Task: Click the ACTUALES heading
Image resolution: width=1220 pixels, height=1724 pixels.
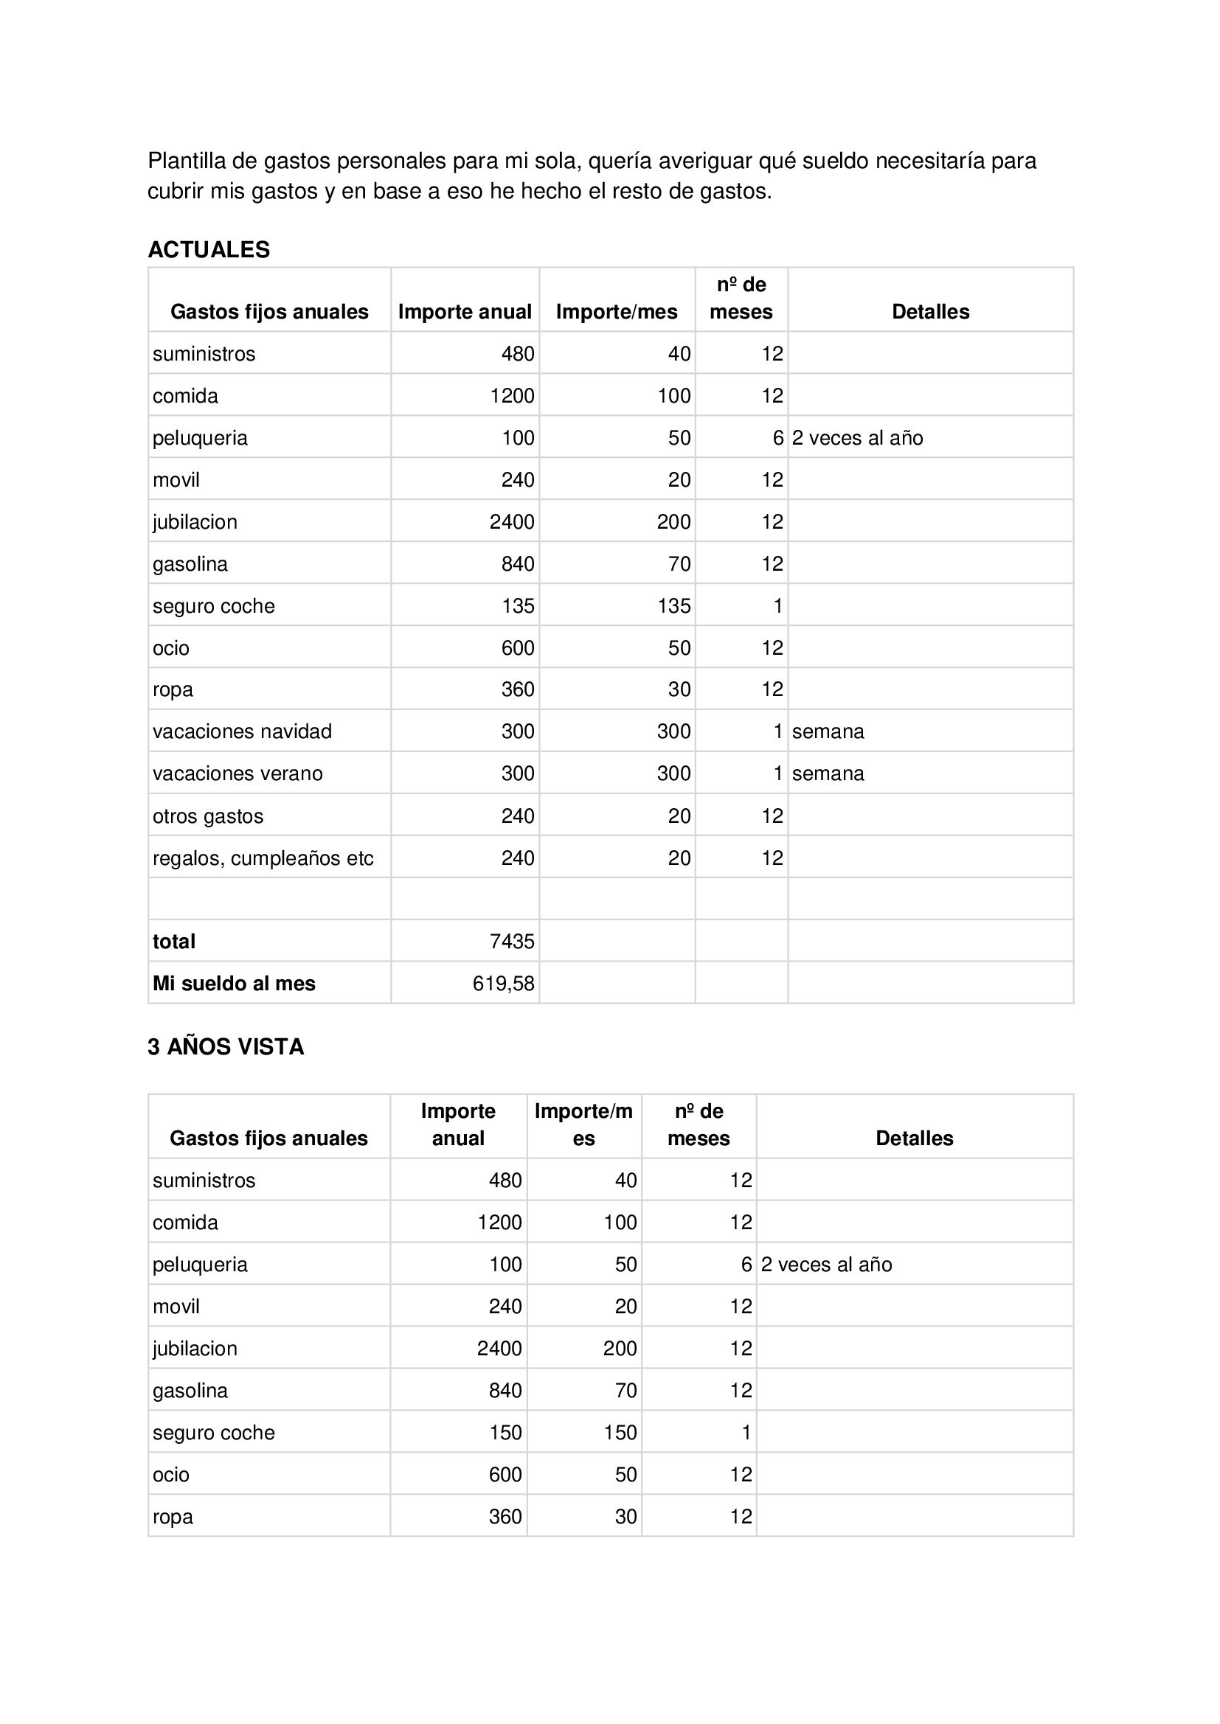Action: coord(209,250)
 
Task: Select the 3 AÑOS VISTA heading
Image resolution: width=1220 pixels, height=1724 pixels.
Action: coord(226,1047)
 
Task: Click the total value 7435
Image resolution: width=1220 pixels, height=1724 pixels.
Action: coord(512,942)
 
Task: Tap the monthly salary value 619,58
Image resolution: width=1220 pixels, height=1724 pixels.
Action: coord(503,984)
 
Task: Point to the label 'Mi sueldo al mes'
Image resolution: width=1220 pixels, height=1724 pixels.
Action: coord(234,984)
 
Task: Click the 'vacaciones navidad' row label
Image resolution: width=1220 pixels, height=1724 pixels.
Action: coord(242,731)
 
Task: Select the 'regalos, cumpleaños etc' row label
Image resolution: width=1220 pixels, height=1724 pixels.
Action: coord(263,858)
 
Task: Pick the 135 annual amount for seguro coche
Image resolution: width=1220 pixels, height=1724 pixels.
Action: coord(518,606)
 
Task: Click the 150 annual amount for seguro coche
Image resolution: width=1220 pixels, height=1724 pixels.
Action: coord(505,1433)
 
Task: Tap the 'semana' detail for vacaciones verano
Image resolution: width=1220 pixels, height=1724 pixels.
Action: coord(828,774)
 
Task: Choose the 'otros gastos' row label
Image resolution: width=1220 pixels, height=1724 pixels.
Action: coord(208,816)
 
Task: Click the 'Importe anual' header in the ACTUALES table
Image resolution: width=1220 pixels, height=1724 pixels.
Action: coord(464,312)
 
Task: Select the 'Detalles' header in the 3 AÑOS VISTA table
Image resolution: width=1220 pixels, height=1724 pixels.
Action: coord(914,1139)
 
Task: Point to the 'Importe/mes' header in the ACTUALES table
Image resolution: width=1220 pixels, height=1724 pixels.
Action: coord(616,312)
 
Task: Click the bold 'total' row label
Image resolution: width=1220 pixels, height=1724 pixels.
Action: coord(173,942)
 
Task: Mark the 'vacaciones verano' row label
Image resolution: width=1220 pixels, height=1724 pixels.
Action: coord(238,774)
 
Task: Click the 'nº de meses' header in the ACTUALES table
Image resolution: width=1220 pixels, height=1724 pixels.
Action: coord(741,298)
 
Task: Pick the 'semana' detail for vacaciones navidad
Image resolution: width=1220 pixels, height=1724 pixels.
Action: coord(828,731)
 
